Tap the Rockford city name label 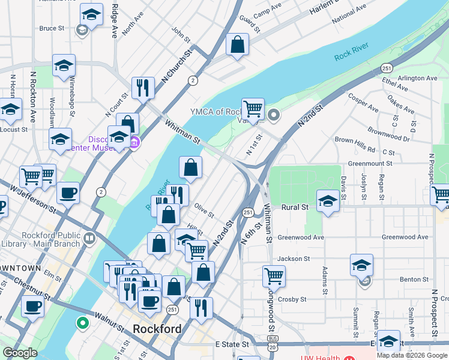157,329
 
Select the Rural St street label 296,207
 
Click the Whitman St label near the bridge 182,131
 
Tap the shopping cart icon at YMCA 253,109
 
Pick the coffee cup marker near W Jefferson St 68,193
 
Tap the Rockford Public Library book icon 89,239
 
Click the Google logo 19,353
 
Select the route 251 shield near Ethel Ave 387,68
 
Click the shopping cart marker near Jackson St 274,275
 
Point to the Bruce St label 52,28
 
